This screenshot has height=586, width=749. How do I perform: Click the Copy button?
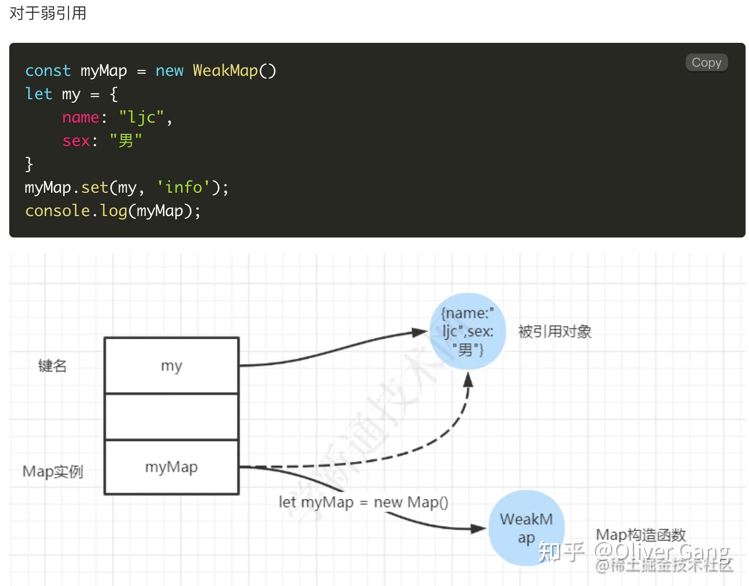click(x=706, y=62)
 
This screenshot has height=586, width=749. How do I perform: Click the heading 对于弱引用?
click(x=48, y=13)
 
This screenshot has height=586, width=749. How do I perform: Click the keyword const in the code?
click(x=48, y=71)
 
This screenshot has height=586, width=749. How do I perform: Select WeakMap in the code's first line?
click(x=225, y=71)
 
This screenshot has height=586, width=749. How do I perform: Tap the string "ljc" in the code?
click(x=142, y=117)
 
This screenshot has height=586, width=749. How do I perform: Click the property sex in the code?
click(x=76, y=141)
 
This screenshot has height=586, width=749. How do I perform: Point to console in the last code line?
click(x=57, y=211)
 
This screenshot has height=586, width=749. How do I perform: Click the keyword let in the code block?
click(x=38, y=94)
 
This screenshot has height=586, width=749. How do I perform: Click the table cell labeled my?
click(x=171, y=366)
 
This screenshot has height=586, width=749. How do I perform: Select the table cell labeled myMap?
click(x=171, y=467)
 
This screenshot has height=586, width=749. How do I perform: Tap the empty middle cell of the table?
click(x=171, y=417)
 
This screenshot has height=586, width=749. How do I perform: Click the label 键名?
click(x=52, y=366)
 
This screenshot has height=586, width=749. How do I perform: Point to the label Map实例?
click(x=53, y=471)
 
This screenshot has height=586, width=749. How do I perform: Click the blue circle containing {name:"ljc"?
click(x=467, y=331)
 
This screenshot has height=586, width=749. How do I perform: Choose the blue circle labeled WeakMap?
click(x=526, y=528)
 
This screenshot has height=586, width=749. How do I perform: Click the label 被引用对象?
click(x=554, y=332)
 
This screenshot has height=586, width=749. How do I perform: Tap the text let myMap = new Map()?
click(x=363, y=502)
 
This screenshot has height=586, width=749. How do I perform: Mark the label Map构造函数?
click(x=641, y=535)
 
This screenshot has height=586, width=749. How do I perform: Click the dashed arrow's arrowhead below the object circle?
click(x=468, y=380)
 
